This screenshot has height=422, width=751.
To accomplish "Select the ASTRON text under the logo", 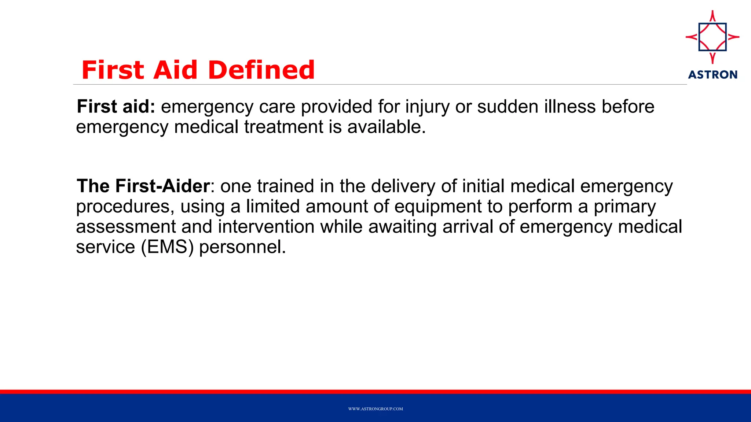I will pyautogui.click(x=712, y=75).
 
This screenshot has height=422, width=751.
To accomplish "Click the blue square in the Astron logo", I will pyautogui.click(x=712, y=37).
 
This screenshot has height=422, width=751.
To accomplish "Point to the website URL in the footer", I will pyautogui.click(x=375, y=409).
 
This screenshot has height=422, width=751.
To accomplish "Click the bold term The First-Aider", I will pyautogui.click(x=143, y=186).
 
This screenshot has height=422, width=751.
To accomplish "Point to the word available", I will pyautogui.click(x=386, y=127).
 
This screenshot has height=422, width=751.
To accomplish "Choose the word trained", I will pyautogui.click(x=285, y=186).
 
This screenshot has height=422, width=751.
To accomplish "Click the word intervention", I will pyautogui.click(x=266, y=227).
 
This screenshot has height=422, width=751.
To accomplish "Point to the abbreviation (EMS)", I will pyautogui.click(x=167, y=247).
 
